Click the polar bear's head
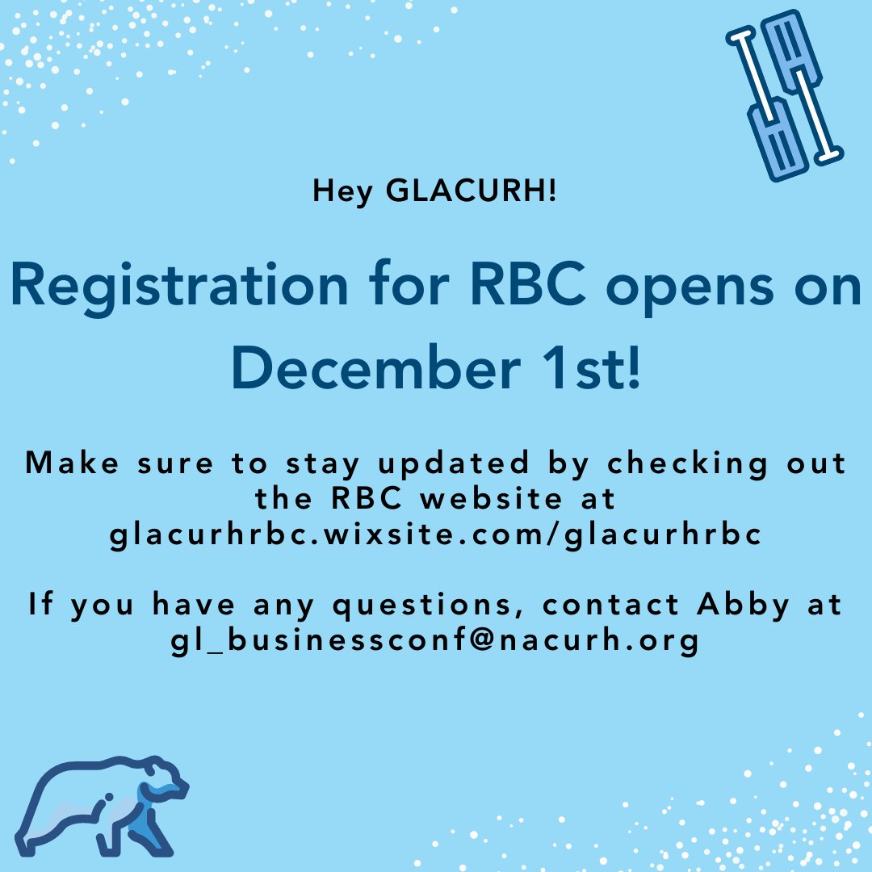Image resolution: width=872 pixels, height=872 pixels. point(166,779)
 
